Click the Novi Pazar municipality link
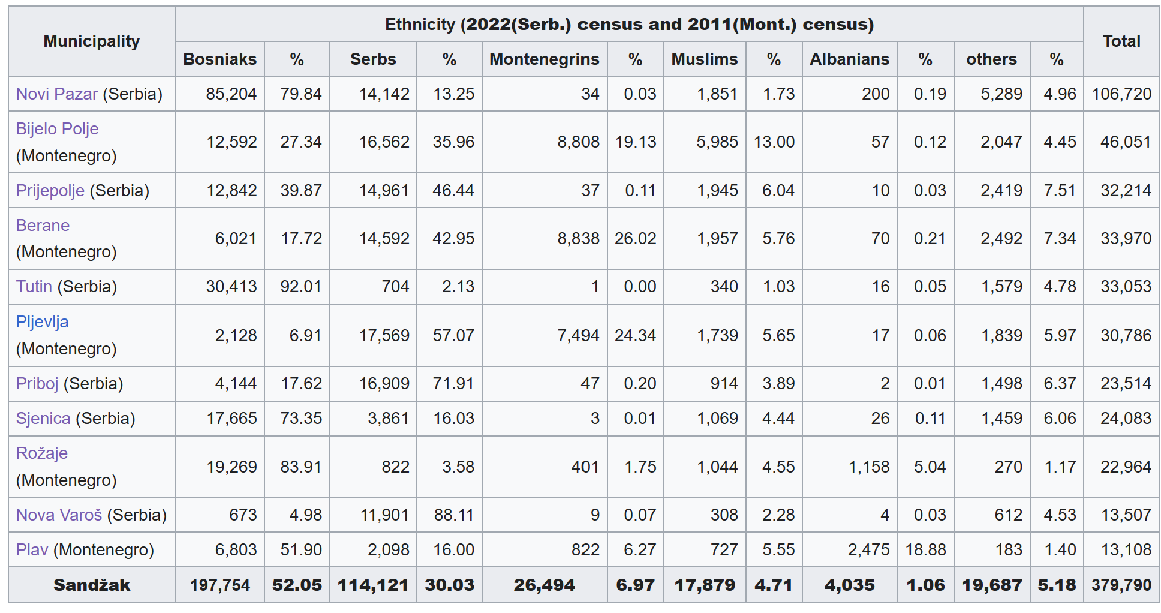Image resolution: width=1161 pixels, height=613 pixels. coord(56,94)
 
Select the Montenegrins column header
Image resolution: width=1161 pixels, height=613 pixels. coord(544,59)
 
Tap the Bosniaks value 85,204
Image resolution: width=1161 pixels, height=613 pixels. coord(231,94)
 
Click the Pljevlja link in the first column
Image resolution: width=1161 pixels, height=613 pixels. coord(42,322)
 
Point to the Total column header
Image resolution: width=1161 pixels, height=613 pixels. coord(1121,41)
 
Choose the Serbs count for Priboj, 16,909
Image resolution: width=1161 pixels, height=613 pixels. coord(384,384)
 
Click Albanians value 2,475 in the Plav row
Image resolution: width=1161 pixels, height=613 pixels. coord(868,550)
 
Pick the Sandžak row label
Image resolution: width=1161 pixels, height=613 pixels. coord(92,585)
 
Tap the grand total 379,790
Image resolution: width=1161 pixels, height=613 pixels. coord(1121,585)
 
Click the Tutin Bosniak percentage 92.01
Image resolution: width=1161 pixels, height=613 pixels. coord(301,287)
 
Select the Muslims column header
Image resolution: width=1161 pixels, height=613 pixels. coord(705,59)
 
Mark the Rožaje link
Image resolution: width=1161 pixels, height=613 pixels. coord(42,453)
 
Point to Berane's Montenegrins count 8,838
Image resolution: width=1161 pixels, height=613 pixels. coord(578,239)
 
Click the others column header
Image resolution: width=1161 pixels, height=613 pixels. coord(991,59)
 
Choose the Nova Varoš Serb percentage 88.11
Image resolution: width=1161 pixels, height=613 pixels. coord(453,515)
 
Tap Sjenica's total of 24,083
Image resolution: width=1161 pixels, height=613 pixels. coord(1126,419)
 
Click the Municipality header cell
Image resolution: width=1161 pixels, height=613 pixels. coord(92,41)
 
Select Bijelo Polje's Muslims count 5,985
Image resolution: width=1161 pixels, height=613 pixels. coord(717,142)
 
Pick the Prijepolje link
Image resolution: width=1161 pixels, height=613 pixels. coord(50,191)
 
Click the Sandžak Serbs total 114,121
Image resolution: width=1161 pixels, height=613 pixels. coord(373,585)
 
